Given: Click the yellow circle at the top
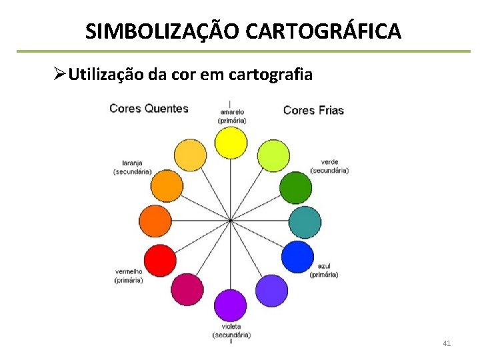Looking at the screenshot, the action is coord(231,143).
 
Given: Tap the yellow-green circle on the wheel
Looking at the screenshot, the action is coord(273,155).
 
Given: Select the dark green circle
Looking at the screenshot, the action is coord(295,187).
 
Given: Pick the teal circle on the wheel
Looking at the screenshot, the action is coord(306,223).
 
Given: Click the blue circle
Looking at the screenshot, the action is coord(297,257).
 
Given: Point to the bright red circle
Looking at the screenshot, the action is coord(160,260).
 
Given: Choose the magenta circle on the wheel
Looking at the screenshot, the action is coord(187,289).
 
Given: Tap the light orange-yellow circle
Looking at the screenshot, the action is coord(190,155).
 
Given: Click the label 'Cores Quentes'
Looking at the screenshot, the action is coord(149,108).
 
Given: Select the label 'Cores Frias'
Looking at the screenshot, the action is coord(313,110).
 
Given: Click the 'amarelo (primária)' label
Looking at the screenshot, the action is coord(231,116).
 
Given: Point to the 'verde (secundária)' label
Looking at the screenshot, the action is coord(329,166).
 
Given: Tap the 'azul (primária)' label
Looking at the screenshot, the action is coord(324,270).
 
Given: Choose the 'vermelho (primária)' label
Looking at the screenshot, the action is coord(129,275).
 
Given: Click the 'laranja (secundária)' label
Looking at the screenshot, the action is coord(132,167).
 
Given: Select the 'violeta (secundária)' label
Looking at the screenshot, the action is coord(231,331).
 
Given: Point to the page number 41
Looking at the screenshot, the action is coord(447,343).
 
